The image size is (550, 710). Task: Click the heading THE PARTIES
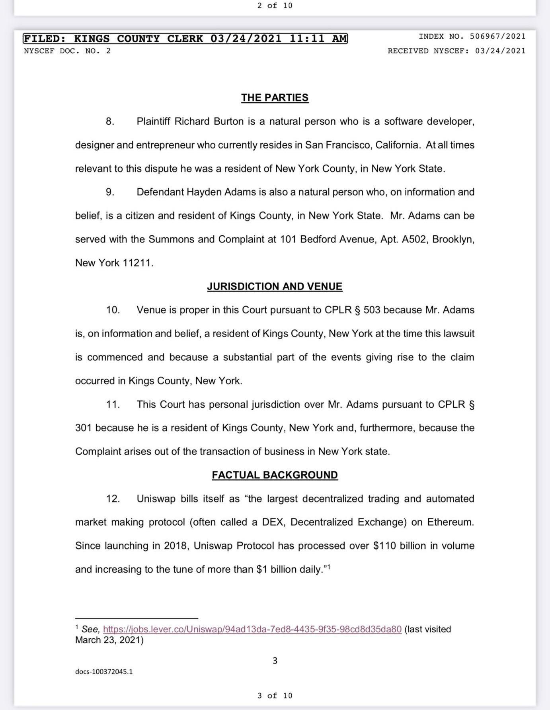coord(275,98)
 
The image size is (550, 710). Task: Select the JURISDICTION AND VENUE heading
coord(275,286)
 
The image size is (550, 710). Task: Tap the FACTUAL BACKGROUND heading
coord(275,475)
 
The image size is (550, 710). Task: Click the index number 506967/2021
coord(497,37)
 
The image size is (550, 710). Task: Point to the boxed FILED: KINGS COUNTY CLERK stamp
coord(185,39)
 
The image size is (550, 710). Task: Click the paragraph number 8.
coord(110,121)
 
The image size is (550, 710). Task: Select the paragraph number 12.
coord(113,499)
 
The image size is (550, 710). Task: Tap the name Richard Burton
coord(209,121)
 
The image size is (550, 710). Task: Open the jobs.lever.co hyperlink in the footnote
coord(252,629)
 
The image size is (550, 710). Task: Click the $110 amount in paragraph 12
coord(384,546)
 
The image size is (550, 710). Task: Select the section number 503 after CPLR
coord(372,310)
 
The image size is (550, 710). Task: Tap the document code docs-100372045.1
coord(104,671)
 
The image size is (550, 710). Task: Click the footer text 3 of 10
coord(275,695)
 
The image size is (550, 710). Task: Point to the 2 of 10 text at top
coord(275,6)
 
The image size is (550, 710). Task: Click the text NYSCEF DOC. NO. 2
coord(67,51)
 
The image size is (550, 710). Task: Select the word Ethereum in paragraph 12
coord(451,522)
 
